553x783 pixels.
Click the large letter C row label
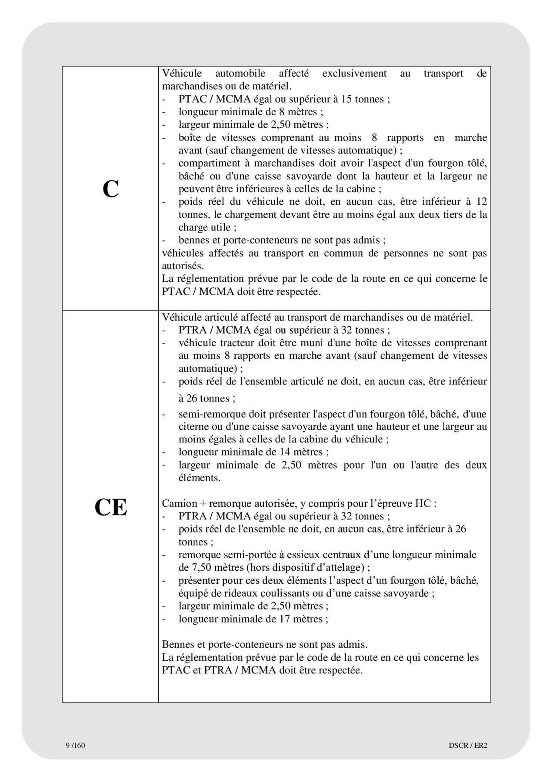pyautogui.click(x=110, y=189)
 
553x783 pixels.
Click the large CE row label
pyautogui.click(x=110, y=507)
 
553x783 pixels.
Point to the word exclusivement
pyautogui.click(x=354, y=74)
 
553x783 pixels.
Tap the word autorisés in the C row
pyautogui.click(x=183, y=266)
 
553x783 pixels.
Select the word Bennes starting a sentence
pyautogui.click(x=177, y=644)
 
